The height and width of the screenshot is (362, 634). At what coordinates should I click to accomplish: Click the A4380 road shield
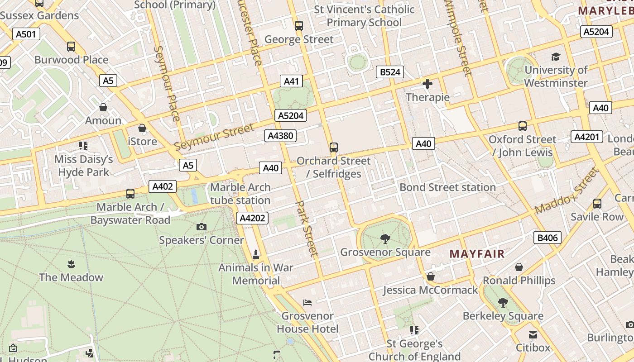[x=280, y=135]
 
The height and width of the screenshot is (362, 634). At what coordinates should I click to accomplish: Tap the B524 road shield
[x=390, y=72]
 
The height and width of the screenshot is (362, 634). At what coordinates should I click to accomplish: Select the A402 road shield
[x=163, y=186]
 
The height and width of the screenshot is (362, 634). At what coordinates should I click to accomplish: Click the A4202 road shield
[x=252, y=218]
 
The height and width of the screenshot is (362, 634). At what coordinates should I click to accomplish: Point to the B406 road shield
[x=548, y=238]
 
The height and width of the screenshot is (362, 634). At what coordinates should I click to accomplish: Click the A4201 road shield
[x=587, y=137]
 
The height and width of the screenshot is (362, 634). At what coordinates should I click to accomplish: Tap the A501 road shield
[x=26, y=34]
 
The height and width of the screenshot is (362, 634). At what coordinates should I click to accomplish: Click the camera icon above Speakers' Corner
[x=202, y=227]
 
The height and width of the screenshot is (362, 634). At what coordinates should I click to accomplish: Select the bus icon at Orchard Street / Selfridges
[x=334, y=148]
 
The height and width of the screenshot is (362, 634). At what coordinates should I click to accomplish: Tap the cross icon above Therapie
[x=427, y=84]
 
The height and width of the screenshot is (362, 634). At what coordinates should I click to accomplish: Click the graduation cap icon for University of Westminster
[x=556, y=57]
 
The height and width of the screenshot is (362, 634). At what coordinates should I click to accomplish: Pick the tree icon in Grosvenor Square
[x=385, y=238]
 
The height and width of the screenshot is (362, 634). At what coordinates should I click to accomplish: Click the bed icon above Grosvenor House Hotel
[x=307, y=302]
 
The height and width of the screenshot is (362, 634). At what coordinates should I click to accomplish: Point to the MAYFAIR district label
[x=477, y=254]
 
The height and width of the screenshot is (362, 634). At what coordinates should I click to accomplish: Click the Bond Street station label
[x=447, y=187]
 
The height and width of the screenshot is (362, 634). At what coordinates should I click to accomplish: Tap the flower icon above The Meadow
[x=71, y=264]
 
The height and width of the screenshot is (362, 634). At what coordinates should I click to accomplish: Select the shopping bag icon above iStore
[x=142, y=128]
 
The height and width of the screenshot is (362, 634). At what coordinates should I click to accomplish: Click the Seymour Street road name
[x=214, y=137]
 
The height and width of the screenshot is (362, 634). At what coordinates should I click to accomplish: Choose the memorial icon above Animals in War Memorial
[x=256, y=254]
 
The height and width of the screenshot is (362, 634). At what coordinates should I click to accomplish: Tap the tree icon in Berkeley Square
[x=503, y=302]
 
